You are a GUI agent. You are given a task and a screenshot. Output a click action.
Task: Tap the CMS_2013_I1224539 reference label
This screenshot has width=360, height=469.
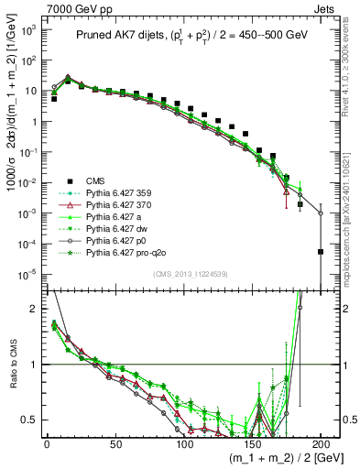[181, 273]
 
